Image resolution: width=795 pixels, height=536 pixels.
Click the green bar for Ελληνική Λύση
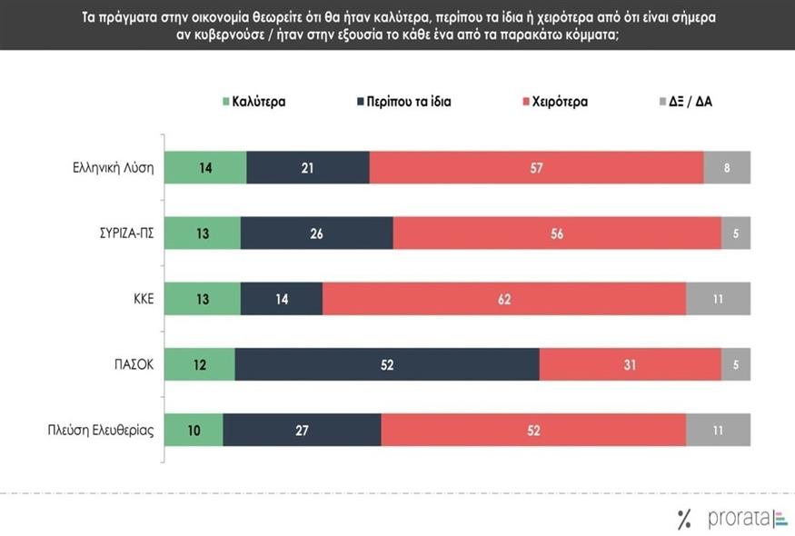coord(205,168)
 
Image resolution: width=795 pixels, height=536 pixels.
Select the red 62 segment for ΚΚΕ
coord(504,299)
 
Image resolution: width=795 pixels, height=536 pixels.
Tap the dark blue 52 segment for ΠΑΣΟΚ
coord(386,364)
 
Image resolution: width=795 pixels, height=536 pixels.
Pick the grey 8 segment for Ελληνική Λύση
coord(727,168)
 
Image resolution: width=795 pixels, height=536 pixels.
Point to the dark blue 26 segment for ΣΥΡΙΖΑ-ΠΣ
coord(316,233)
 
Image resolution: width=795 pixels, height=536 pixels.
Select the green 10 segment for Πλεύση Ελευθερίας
coord(194,430)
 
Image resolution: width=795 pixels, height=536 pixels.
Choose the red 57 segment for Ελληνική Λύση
coord(536,168)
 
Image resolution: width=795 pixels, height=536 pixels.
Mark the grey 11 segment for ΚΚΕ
coord(718,299)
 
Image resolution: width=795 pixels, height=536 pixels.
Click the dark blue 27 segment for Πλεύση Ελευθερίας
coord(302,430)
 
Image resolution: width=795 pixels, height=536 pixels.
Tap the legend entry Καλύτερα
coord(254,102)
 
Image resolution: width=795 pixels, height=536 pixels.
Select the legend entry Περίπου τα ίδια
coord(404,102)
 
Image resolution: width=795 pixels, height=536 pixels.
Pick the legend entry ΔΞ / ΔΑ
coord(691,102)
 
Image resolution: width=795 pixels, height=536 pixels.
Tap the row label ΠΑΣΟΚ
coord(132,364)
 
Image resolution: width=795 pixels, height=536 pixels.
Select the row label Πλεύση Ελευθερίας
coord(100,430)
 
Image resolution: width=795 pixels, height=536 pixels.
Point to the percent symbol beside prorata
coord(684,520)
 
